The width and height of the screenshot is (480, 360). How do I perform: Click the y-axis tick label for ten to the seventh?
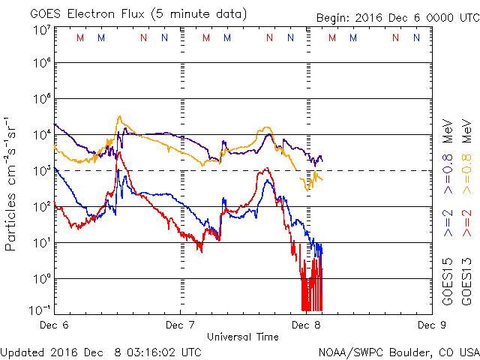40,29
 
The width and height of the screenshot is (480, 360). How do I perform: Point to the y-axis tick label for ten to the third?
40,171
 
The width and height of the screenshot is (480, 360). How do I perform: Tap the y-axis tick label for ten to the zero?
40,279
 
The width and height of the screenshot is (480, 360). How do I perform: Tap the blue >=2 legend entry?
448,224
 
